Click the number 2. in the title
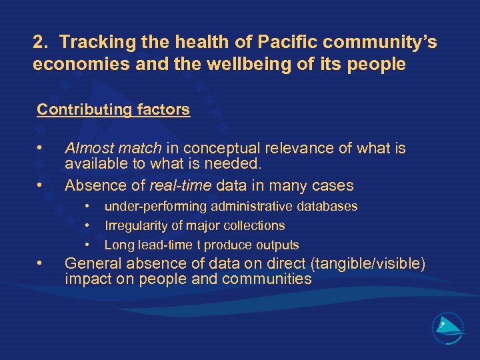(x=41, y=43)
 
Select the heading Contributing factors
(x=113, y=109)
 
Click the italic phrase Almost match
(x=113, y=148)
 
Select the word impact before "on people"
(x=87, y=279)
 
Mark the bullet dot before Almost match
(x=41, y=147)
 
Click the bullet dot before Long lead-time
(x=87, y=245)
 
